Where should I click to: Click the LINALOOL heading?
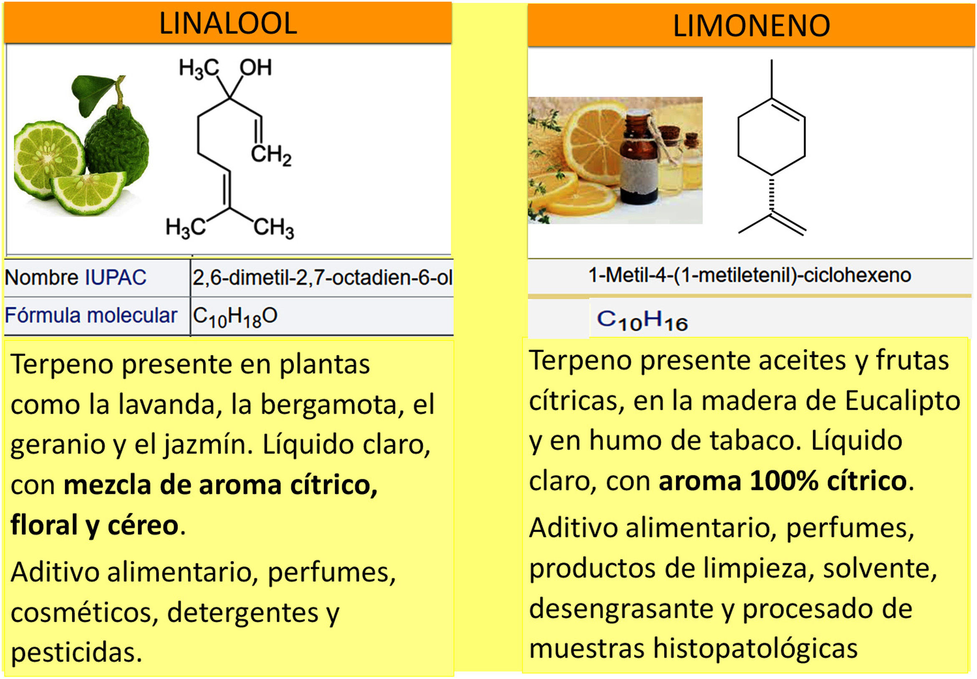[x=228, y=23]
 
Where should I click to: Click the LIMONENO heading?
[x=751, y=26]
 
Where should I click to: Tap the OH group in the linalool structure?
[x=255, y=68]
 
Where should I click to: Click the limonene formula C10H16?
[x=642, y=321]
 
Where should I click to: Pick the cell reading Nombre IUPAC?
[x=76, y=278]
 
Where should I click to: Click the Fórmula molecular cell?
[x=91, y=316]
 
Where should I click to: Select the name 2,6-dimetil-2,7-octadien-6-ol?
[x=322, y=278]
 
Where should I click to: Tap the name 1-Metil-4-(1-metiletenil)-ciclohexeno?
[x=750, y=275]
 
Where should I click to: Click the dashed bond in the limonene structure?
[x=772, y=194]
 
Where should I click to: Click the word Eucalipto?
[x=902, y=401]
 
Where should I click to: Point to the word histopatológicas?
[x=755, y=649]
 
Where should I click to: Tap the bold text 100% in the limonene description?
[x=783, y=481]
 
